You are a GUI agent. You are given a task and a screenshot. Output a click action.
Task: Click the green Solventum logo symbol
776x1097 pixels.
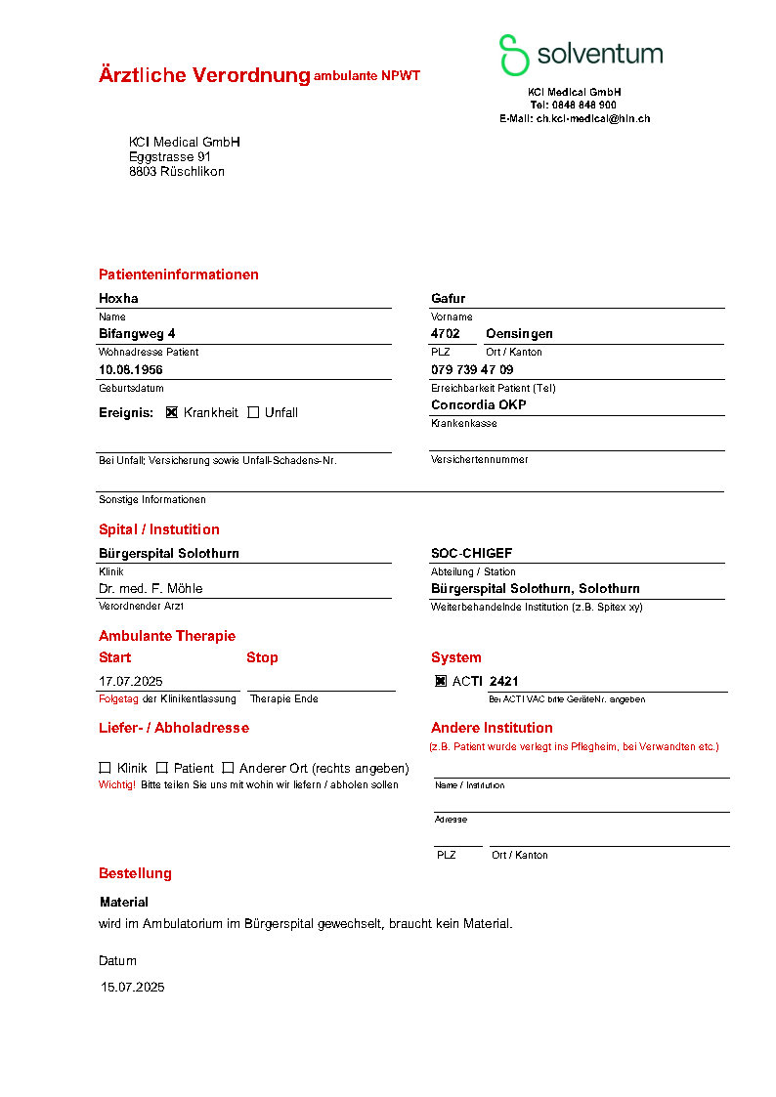click(x=513, y=55)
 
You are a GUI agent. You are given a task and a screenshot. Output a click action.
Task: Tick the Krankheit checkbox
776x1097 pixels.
click(x=172, y=412)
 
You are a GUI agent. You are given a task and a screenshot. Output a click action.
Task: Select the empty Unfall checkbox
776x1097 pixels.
click(x=253, y=412)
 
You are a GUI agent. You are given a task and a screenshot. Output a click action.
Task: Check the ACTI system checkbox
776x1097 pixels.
click(x=441, y=681)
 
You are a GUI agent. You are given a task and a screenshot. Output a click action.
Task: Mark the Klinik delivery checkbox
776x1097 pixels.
click(x=105, y=768)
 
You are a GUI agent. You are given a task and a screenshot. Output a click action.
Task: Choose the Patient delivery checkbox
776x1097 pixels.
click(x=162, y=768)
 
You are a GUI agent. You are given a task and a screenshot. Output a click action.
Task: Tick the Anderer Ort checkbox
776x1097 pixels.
click(x=228, y=768)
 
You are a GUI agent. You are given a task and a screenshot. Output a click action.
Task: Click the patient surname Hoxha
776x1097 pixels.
click(x=118, y=298)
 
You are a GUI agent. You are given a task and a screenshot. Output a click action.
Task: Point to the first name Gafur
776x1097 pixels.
click(x=448, y=298)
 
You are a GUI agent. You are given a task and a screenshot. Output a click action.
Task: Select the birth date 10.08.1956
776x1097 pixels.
click(x=131, y=369)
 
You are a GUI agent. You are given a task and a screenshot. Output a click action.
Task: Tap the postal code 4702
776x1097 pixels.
click(x=445, y=333)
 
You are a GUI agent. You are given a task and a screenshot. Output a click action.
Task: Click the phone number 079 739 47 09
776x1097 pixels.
click(x=472, y=369)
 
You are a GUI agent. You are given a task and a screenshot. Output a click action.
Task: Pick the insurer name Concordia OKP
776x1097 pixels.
click(x=478, y=404)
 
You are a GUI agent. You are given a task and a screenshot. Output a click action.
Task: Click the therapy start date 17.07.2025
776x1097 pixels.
click(x=130, y=681)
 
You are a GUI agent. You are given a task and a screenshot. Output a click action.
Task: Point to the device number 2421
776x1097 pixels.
click(x=503, y=681)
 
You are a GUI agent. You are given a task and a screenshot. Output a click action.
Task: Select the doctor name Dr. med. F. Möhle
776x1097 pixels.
click(x=151, y=588)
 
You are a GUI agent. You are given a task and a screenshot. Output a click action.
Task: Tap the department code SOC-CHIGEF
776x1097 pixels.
click(x=471, y=553)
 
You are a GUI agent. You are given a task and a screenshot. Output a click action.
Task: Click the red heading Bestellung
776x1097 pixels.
click(x=135, y=873)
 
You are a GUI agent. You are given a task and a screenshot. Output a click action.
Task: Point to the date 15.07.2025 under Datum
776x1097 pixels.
click(x=133, y=987)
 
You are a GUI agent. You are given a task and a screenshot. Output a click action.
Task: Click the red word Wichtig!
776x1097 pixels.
click(x=116, y=784)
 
